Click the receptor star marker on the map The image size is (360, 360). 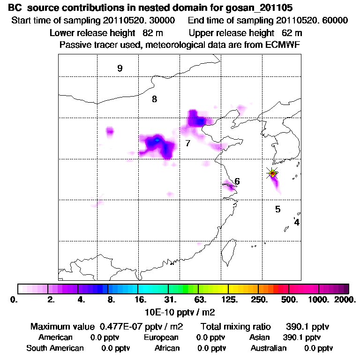(272, 173)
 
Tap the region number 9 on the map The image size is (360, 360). (120, 68)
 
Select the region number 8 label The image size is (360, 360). (154, 99)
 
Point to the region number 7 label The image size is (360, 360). (187, 143)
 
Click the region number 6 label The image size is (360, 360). (237, 181)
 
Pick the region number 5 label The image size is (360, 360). (277, 209)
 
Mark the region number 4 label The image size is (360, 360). (297, 222)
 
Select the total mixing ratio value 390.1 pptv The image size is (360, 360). (302, 326)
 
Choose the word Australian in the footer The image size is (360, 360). (268, 348)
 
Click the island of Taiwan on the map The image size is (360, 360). (228, 250)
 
